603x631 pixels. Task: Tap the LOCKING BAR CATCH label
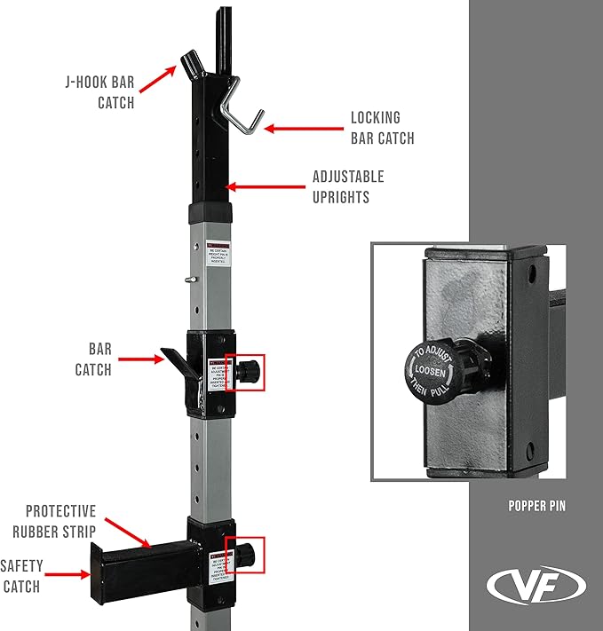tap(382, 127)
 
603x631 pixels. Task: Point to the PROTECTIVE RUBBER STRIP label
tap(60, 521)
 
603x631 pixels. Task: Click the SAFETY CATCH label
tap(20, 575)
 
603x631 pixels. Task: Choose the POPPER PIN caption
tap(536, 507)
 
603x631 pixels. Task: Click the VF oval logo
tap(536, 586)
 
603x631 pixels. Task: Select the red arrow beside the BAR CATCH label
tap(142, 359)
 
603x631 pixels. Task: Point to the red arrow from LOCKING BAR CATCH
tap(302, 129)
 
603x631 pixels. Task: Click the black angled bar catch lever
tap(175, 360)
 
